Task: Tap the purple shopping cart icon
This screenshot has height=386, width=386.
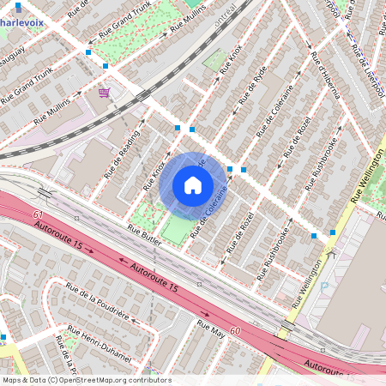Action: [105, 92]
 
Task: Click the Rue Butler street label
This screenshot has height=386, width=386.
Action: [145, 232]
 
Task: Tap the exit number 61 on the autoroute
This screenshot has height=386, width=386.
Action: [37, 214]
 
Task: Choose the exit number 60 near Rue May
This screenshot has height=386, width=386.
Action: [235, 329]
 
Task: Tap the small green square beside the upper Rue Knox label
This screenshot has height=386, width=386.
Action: [212, 60]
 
